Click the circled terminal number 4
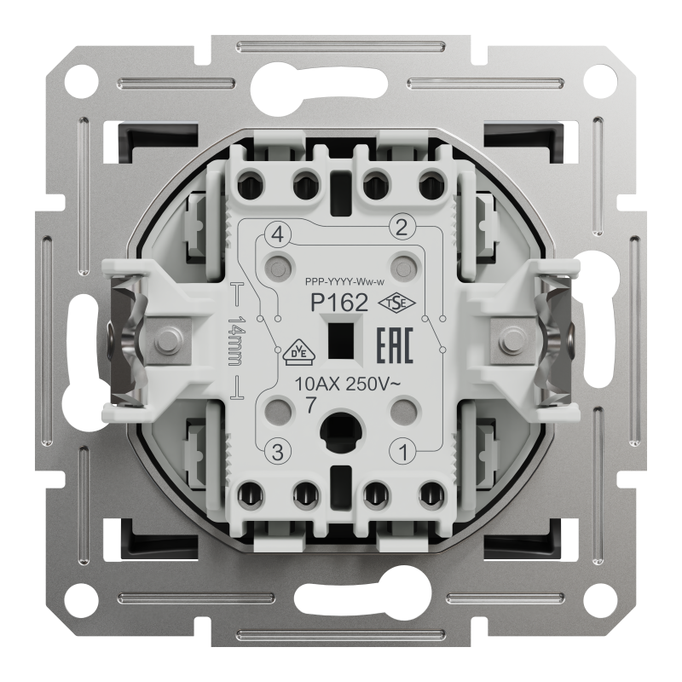[278, 236]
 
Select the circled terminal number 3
[278, 452]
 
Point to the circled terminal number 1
[402, 452]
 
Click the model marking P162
[339, 303]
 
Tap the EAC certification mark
[394, 345]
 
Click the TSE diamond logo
[396, 303]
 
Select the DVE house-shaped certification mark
[299, 352]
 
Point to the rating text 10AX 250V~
[347, 384]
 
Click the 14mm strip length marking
[236, 342]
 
